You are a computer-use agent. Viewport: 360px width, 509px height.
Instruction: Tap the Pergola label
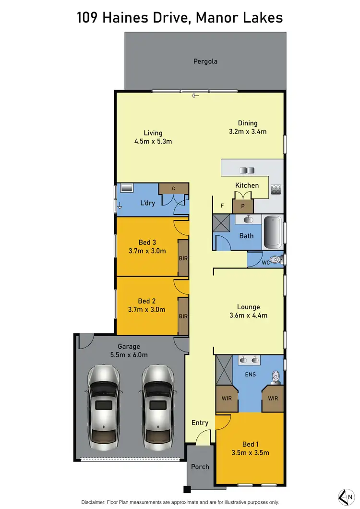(x=205, y=61)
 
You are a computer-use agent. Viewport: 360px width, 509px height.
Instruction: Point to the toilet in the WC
(x=275, y=260)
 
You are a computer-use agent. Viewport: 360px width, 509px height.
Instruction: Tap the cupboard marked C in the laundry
(x=173, y=188)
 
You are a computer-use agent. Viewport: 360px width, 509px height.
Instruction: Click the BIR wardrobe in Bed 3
(x=183, y=258)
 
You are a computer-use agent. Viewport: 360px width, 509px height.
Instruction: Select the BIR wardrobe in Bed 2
(x=183, y=316)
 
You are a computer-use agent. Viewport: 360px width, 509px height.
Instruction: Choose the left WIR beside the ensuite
(x=227, y=398)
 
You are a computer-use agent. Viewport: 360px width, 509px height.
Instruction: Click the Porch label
(x=200, y=466)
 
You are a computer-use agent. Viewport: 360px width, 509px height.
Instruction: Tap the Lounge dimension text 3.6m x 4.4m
(x=248, y=315)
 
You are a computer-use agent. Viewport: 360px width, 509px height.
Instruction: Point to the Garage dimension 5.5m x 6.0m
(x=129, y=355)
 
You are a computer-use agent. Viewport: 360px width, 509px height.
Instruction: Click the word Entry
(x=200, y=423)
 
